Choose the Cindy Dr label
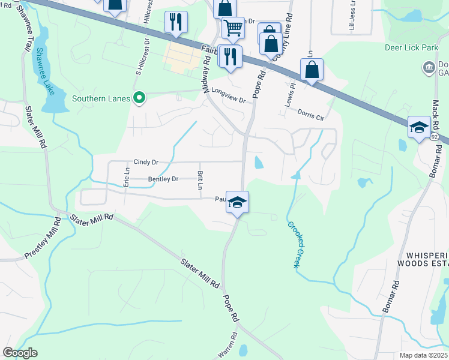tap(146, 162)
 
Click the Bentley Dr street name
tap(163, 179)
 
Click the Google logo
tap(20, 353)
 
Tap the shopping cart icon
tap(233, 26)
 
